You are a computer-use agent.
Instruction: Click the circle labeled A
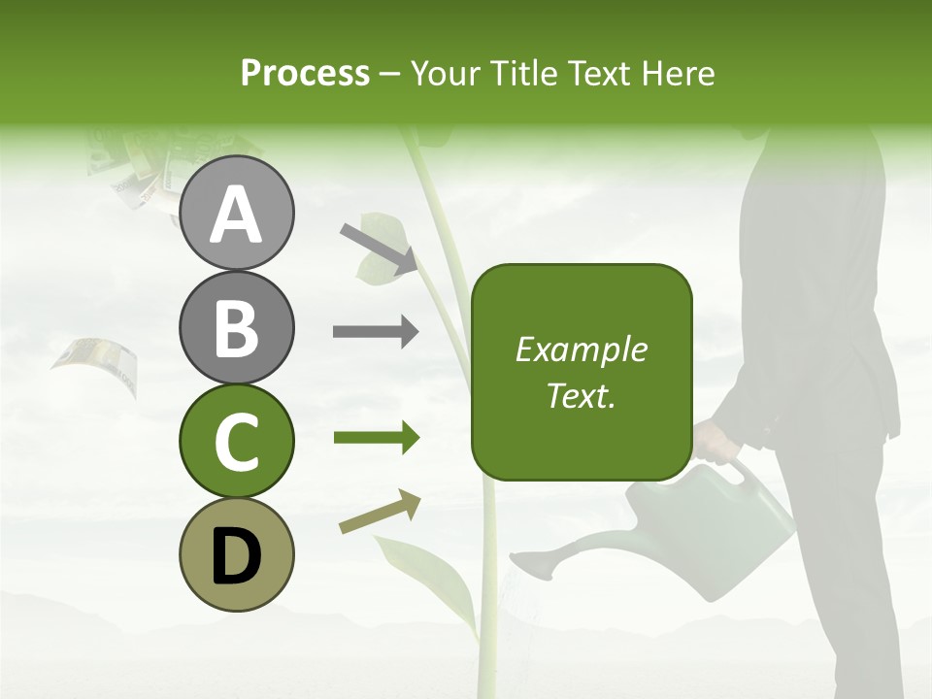[237, 214]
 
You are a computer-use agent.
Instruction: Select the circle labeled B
[237, 328]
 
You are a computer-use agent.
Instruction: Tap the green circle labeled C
[237, 441]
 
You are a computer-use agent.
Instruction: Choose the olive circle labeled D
[237, 554]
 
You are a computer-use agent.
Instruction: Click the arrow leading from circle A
[379, 249]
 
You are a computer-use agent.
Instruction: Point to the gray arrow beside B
[376, 332]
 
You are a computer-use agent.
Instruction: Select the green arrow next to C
[376, 439]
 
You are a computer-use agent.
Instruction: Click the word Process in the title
[305, 73]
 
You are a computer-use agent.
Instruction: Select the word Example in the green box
[581, 349]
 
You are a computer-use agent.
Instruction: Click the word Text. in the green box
[581, 395]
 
